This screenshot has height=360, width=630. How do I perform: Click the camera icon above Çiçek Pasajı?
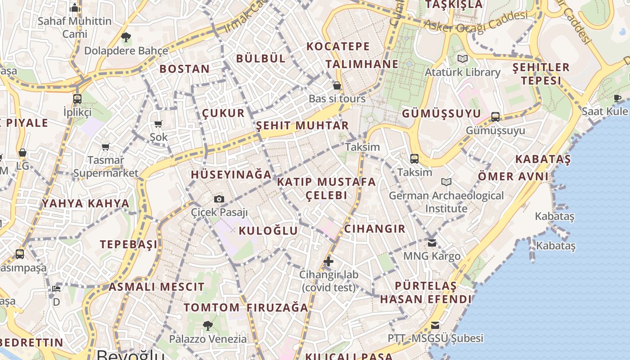(x=219, y=199)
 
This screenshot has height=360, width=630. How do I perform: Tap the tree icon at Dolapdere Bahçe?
(x=126, y=37)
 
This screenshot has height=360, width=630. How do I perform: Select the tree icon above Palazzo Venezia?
(x=207, y=325)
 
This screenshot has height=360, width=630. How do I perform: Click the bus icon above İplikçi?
(x=77, y=99)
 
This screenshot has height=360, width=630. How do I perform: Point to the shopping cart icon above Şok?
(x=158, y=124)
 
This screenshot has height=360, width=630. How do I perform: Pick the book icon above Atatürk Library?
(x=462, y=59)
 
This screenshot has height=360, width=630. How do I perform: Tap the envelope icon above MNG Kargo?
(x=432, y=243)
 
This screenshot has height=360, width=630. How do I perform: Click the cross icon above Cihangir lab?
(x=328, y=261)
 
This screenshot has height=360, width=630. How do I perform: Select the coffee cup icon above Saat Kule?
(x=617, y=98)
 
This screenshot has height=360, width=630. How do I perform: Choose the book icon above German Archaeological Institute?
(x=446, y=182)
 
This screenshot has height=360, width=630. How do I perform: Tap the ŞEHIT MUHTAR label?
(x=302, y=126)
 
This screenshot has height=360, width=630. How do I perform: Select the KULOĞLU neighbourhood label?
(x=268, y=231)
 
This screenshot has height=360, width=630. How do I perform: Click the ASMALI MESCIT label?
(x=157, y=287)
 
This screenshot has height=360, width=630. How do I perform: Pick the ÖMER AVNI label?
(x=513, y=176)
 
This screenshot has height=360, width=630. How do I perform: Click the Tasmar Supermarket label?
(x=106, y=166)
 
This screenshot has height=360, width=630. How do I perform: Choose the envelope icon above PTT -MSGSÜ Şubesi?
(x=435, y=325)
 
